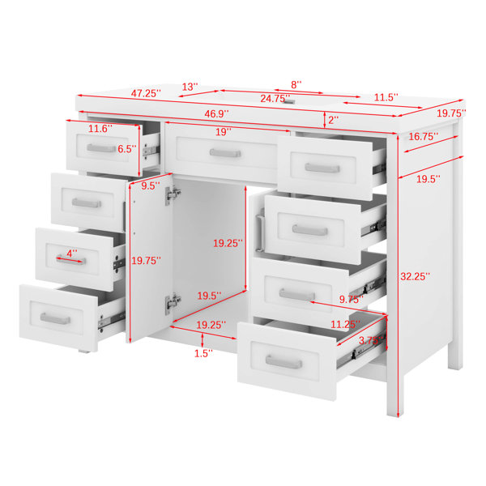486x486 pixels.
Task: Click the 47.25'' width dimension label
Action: [146, 93]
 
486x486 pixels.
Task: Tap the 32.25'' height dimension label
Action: [415, 276]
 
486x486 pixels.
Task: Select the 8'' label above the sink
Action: [296, 84]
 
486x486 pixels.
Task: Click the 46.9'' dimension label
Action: [216, 113]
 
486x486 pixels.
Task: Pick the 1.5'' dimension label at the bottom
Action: [203, 353]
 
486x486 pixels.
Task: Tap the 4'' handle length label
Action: [72, 254]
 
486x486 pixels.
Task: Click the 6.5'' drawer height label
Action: [127, 149]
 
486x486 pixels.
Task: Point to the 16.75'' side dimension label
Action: [423, 136]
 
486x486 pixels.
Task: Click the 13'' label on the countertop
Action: [190, 87]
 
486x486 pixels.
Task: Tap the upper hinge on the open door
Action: [173, 195]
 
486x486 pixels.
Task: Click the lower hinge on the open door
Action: [173, 304]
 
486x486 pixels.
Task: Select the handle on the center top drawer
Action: [225, 153]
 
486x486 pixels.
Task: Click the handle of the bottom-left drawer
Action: [55, 318]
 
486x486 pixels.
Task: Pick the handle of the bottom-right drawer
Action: [283, 362]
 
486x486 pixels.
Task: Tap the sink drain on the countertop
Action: [289, 101]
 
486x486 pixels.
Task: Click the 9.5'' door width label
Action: [151, 186]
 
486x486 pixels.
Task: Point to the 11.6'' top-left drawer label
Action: [100, 129]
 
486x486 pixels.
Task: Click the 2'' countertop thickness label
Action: [333, 120]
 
